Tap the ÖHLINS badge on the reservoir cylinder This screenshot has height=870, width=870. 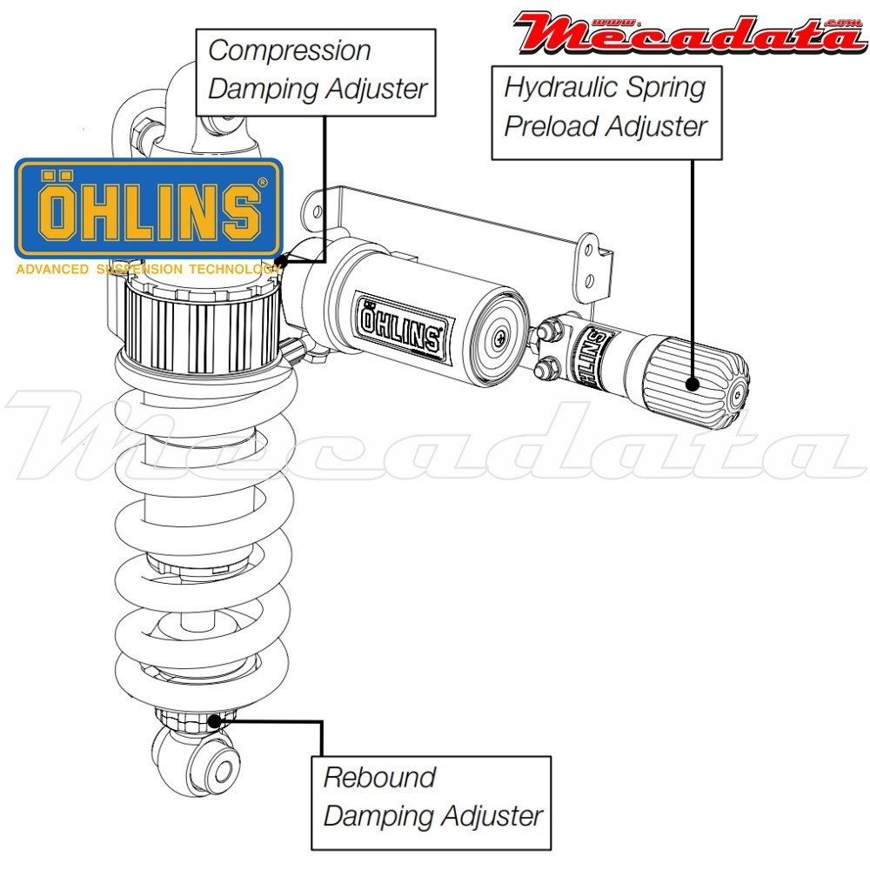401,325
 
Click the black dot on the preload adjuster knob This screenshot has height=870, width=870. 693,384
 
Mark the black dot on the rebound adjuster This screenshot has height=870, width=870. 215,719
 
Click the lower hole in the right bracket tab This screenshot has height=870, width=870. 591,279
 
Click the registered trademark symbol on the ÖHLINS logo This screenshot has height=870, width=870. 262,184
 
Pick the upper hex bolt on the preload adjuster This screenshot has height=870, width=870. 551,328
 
